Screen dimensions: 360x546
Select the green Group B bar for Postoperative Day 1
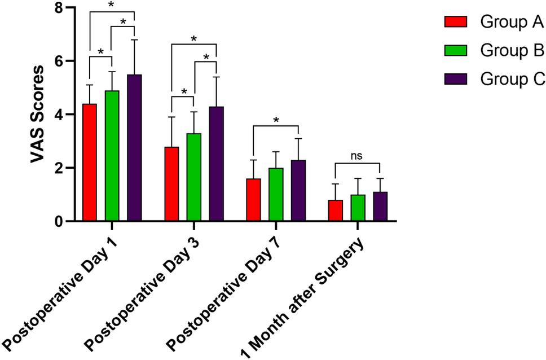(x=112, y=156)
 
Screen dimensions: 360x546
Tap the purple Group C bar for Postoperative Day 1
(x=134, y=148)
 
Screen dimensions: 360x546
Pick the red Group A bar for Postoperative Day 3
(x=171, y=184)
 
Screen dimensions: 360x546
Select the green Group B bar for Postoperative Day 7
(x=276, y=195)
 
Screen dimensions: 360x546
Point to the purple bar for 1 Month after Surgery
(x=380, y=207)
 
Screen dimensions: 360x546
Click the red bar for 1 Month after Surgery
(x=335, y=210)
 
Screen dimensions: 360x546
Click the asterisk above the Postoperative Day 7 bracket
(x=276, y=120)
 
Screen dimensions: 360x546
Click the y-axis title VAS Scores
(x=38, y=115)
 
